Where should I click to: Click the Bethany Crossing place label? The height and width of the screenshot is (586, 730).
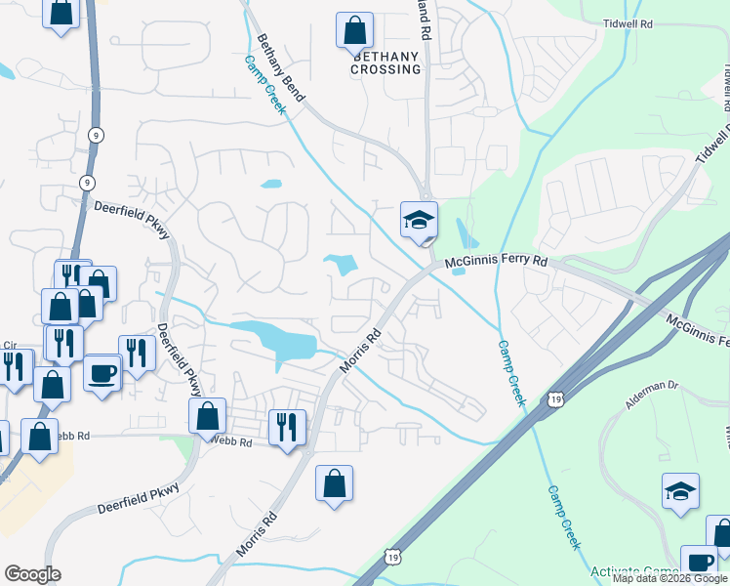click(385, 63)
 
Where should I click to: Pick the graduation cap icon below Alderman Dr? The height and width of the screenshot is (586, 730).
click(680, 491)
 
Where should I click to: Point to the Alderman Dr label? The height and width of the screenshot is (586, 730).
click(653, 386)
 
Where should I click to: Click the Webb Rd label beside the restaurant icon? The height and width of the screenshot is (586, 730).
click(233, 442)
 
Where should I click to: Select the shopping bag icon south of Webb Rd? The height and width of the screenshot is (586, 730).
click(334, 482)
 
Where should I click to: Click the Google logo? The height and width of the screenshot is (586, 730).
click(32, 574)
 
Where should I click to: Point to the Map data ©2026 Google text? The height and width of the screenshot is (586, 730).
click(669, 578)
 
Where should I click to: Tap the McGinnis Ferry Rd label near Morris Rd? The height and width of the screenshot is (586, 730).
click(497, 263)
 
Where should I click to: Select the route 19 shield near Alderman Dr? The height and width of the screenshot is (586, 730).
click(554, 398)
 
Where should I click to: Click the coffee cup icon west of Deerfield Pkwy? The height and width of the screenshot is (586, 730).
click(102, 372)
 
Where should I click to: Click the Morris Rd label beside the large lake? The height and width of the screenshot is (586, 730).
click(359, 350)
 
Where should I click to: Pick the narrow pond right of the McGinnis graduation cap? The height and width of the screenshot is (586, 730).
click(465, 233)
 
